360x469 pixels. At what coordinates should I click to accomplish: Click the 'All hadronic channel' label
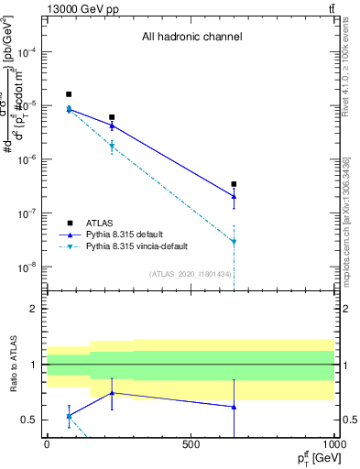[191, 38]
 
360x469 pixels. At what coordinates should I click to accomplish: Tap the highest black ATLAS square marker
[69, 94]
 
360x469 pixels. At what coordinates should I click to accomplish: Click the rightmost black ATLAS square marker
[234, 184]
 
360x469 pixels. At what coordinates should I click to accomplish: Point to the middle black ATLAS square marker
[112, 117]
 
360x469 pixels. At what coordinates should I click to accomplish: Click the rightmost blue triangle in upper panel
[234, 196]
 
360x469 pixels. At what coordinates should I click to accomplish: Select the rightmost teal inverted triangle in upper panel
[234, 242]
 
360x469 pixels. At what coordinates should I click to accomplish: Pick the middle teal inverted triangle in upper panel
[112, 146]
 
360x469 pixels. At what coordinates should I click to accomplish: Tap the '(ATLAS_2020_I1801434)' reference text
[191, 274]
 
